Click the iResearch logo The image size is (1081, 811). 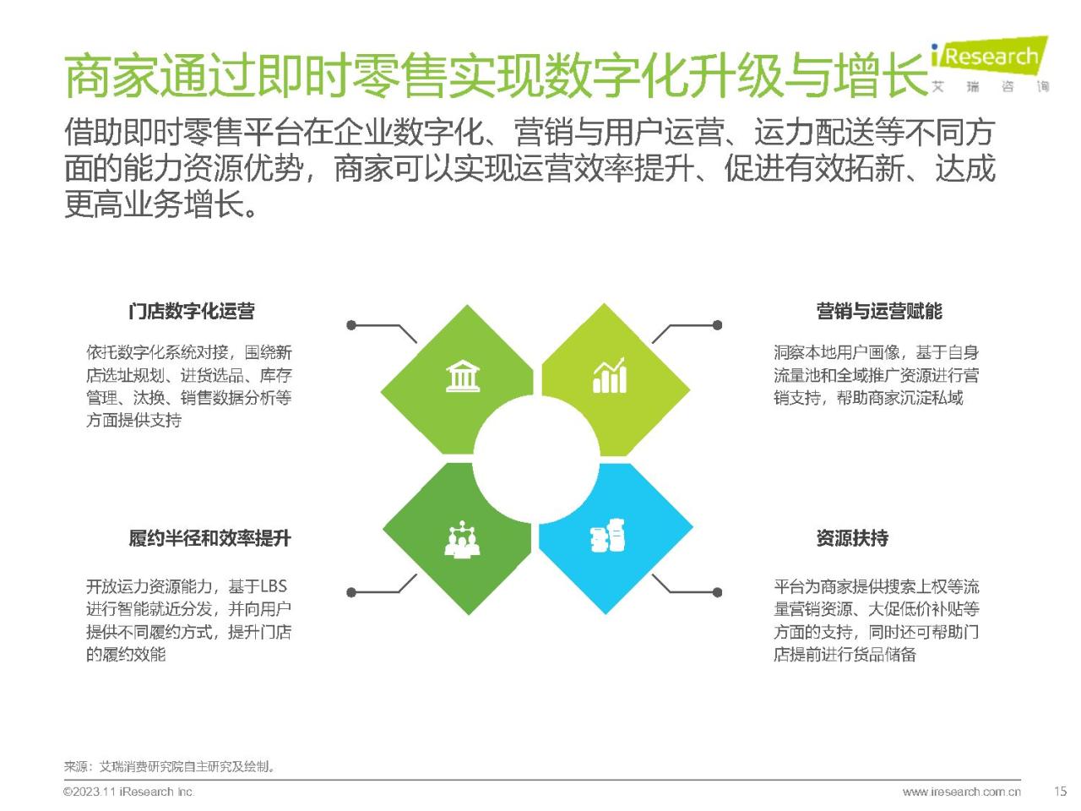(x=990, y=64)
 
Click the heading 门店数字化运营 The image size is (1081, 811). (x=192, y=311)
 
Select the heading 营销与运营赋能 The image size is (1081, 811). (x=878, y=311)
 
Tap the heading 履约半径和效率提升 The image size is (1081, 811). (x=209, y=538)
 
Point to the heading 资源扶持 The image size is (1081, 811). (x=852, y=538)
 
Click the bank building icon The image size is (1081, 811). (x=463, y=376)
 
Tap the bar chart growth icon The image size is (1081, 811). (x=610, y=375)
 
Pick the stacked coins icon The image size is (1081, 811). (x=608, y=536)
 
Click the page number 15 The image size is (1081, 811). (x=1060, y=792)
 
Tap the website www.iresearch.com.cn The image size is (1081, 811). (x=961, y=792)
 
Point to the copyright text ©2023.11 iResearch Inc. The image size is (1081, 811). (x=128, y=792)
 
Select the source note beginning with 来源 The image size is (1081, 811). (x=169, y=767)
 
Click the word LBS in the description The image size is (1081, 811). (x=274, y=586)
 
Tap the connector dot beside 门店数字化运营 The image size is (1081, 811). (x=351, y=325)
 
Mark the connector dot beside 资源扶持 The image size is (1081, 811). (x=718, y=592)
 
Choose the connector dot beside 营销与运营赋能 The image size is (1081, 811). (x=718, y=325)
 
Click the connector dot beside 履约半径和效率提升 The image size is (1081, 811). (x=351, y=592)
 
